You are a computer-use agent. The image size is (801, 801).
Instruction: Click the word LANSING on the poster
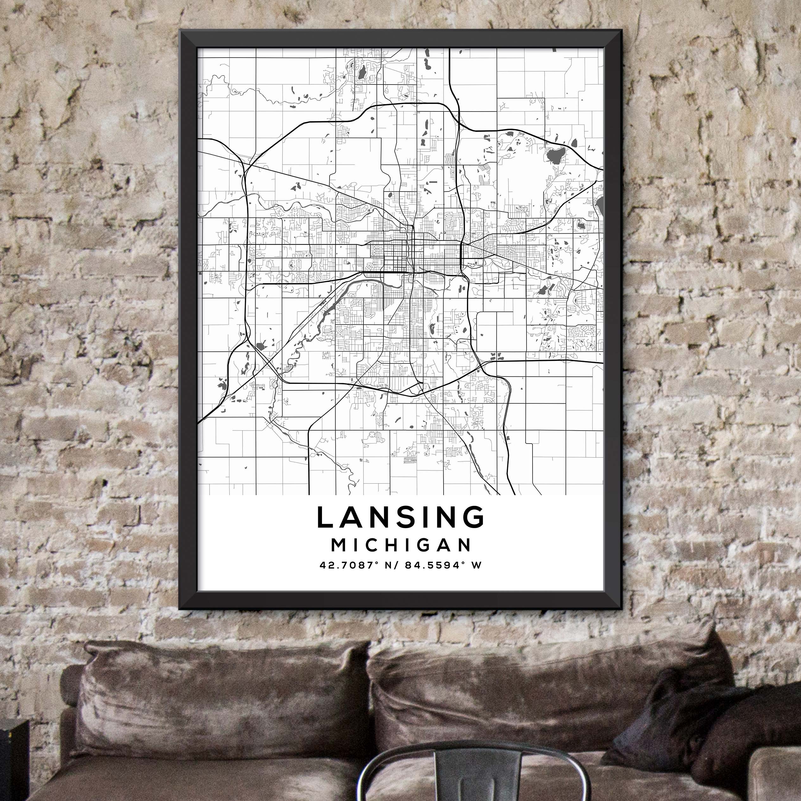click(400, 517)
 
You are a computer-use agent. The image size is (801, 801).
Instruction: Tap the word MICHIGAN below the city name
click(401, 545)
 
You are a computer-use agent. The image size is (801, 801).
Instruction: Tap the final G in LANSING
click(473, 517)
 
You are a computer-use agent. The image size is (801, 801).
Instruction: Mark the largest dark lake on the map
click(556, 156)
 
